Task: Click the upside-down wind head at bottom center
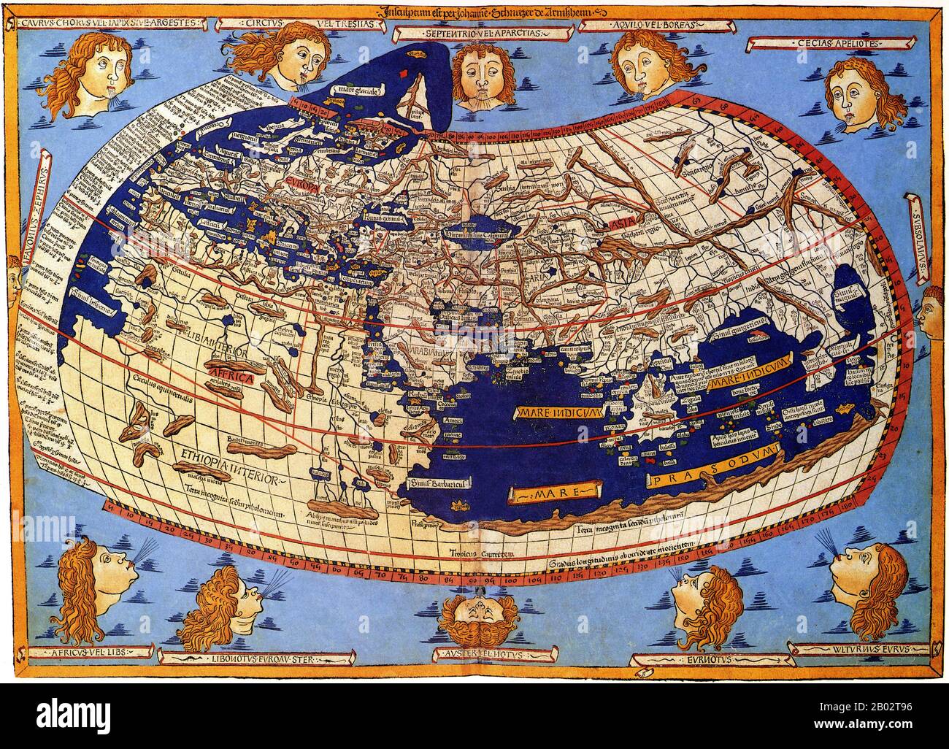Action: pos(475,619)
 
